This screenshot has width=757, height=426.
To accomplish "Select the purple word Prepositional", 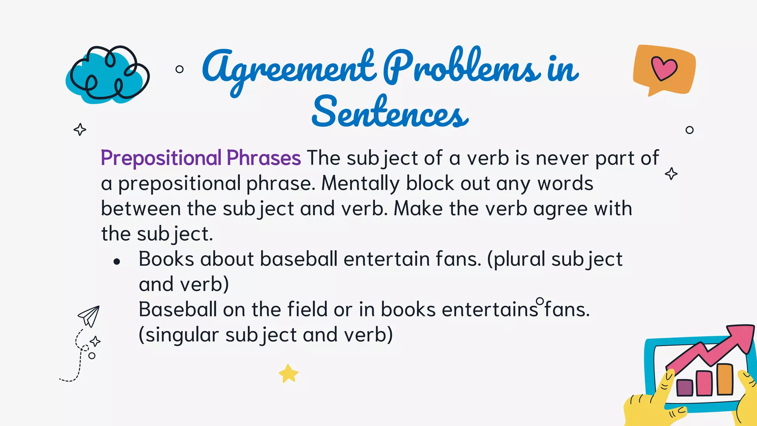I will point(161,158).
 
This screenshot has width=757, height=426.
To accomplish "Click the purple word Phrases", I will point(264,158).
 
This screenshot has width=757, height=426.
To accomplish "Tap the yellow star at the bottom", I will point(288,373).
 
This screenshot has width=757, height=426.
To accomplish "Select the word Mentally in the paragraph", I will point(360,183).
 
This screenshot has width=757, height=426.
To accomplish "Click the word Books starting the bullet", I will point(166,259).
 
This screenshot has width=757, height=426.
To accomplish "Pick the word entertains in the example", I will point(490,310).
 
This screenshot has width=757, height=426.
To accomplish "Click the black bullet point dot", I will point(117,262).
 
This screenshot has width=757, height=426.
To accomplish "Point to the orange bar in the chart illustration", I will point(724,379).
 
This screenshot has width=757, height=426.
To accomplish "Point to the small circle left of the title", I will point(180,69).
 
